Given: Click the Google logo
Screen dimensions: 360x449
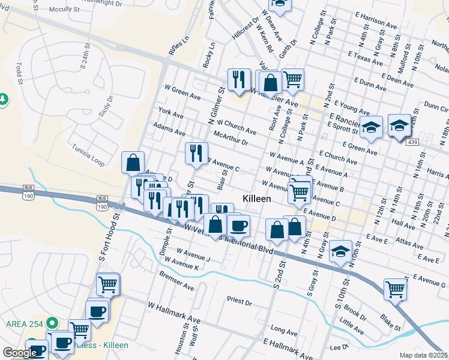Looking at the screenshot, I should click(20, 353).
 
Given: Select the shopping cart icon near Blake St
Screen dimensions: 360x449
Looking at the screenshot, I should click(396, 289).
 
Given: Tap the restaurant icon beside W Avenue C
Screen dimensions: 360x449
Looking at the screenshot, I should click(196, 153).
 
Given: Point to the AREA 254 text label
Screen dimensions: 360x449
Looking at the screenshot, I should click(24, 323).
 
